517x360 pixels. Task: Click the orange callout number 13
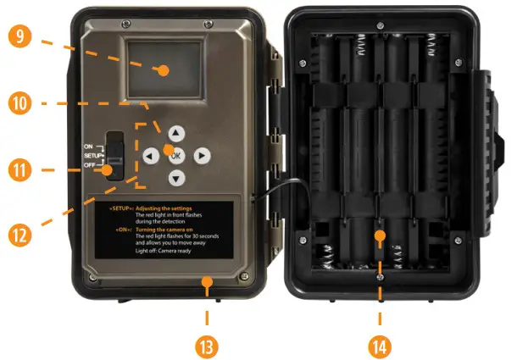pos(207,344)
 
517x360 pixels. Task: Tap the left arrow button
pos(149,156)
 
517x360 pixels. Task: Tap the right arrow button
pos(202,156)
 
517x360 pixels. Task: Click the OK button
pos(175,155)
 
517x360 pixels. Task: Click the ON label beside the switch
pos(88,147)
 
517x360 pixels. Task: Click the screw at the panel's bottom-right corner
pos(244,276)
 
